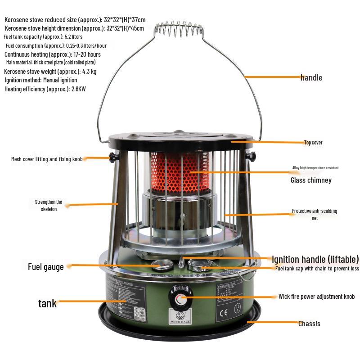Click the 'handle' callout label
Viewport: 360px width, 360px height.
pyautogui.click(x=311, y=77)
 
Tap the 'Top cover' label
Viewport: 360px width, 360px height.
pyautogui.click(x=313, y=143)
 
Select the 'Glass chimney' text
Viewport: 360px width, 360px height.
pyautogui.click(x=311, y=180)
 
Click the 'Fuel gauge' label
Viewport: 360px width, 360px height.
pyautogui.click(x=46, y=267)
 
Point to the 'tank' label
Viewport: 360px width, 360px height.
pyautogui.click(x=47, y=303)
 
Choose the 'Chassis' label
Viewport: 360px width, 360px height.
pyautogui.click(x=310, y=324)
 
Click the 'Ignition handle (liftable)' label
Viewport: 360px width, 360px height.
pyautogui.click(x=315, y=259)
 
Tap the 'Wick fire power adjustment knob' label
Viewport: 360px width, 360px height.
pyautogui.click(x=316, y=297)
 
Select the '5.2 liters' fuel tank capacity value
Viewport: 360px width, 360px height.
pyautogui.click(x=74, y=36)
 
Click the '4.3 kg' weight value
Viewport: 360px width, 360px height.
pyautogui.click(x=89, y=72)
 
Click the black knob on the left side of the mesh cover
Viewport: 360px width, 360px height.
pyautogui.click(x=111, y=157)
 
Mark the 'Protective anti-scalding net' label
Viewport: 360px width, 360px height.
pyautogui.click(x=314, y=214)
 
